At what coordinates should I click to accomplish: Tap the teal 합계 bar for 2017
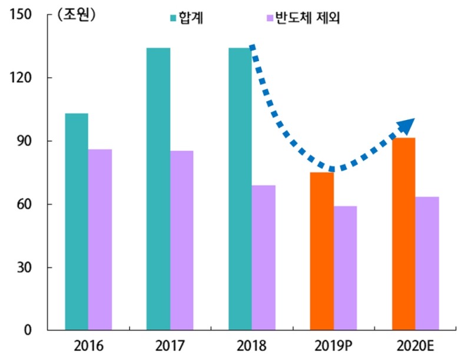158,189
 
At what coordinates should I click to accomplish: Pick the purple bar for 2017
181,241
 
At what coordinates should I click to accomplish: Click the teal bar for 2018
240,189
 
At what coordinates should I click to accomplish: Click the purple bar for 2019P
345,268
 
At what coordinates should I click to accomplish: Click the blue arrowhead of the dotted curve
406,125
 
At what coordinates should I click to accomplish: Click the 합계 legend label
192,18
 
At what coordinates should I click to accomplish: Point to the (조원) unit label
76,15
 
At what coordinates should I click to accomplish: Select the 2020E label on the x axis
415,345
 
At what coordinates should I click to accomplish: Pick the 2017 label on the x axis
170,345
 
